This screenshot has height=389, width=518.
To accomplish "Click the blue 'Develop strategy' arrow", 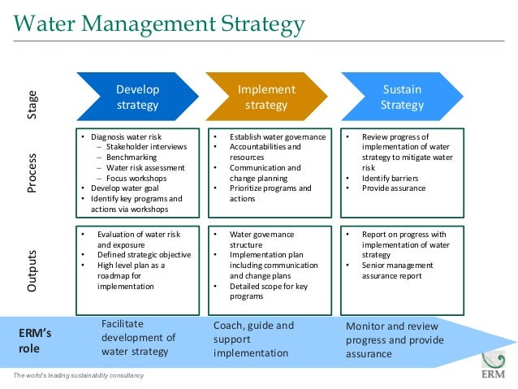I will coord(137,97).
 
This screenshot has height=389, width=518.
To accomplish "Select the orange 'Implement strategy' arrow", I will coord(265,97).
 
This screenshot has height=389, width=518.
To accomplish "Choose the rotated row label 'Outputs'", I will coord(33,266).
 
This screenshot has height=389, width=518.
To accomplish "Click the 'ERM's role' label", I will coord(37,340).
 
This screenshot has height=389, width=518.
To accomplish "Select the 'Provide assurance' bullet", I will coord(394,188).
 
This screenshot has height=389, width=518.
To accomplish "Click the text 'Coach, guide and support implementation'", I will coord(253,339).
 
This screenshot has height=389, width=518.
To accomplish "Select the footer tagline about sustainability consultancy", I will coord(78,375).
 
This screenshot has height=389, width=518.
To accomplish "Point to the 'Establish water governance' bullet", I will coord(277,137).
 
